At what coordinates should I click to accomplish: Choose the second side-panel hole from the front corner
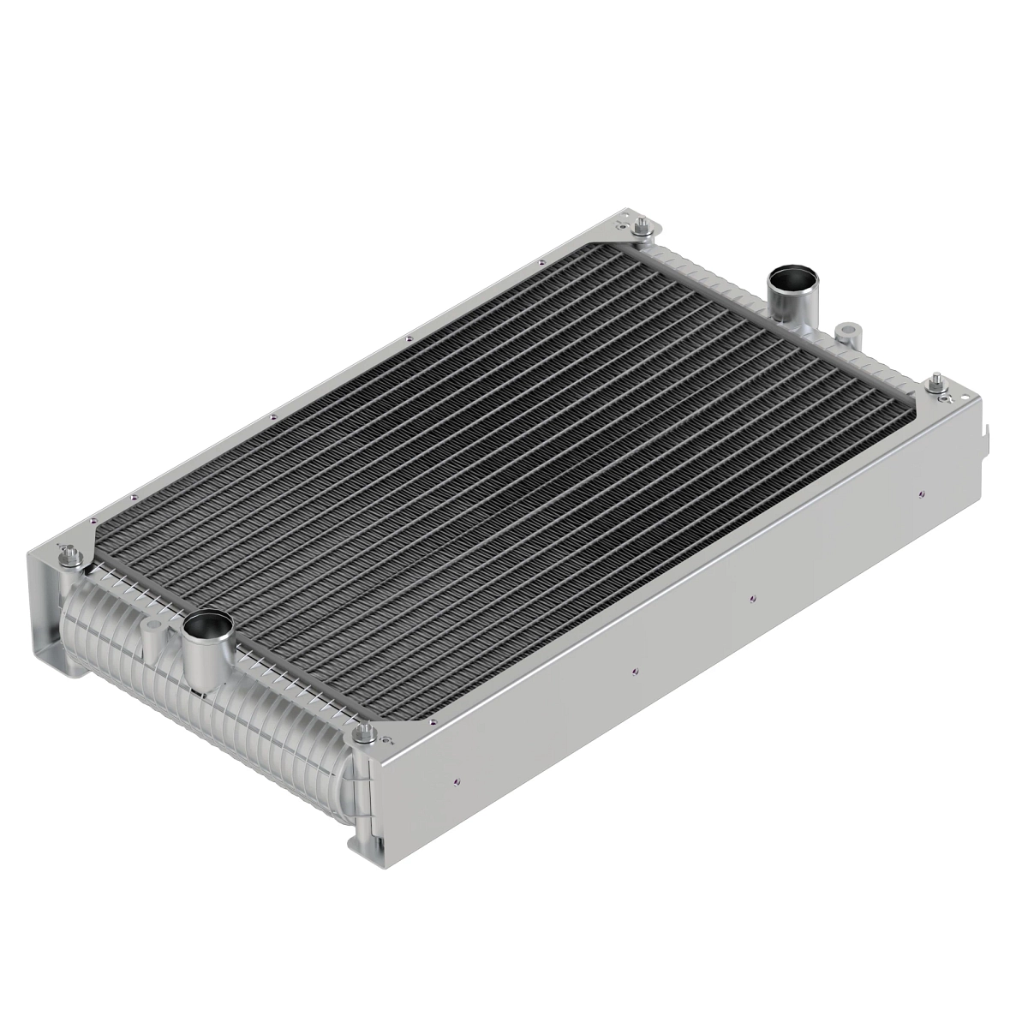coord(632,671)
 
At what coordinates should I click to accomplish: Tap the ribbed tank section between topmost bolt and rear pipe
coord(711,266)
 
